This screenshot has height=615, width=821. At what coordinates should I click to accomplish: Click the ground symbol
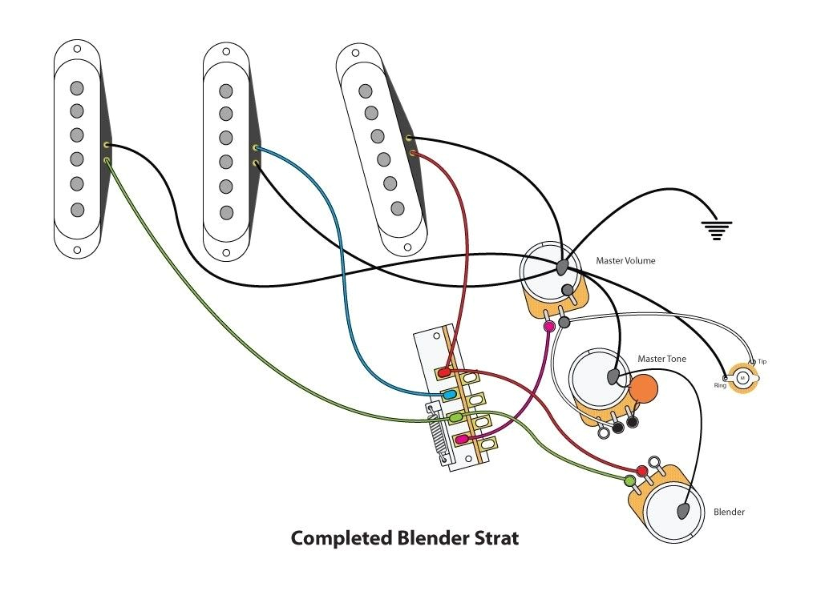(x=717, y=231)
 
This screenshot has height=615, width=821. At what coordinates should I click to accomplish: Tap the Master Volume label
(x=625, y=261)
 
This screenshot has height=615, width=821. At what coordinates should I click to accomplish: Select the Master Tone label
(x=661, y=359)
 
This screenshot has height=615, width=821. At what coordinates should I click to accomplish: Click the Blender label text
(x=729, y=512)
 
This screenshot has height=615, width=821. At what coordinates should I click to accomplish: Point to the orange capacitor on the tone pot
(x=644, y=389)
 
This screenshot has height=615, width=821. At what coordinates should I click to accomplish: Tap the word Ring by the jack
(x=721, y=385)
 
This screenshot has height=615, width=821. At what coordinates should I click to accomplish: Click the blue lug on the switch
(x=451, y=395)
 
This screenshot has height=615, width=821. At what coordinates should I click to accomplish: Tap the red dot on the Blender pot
(x=642, y=470)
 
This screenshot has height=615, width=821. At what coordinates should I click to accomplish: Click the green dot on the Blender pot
(x=630, y=480)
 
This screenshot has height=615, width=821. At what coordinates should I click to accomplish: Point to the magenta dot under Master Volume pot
(x=549, y=327)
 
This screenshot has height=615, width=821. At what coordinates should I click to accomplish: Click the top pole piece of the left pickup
(x=77, y=87)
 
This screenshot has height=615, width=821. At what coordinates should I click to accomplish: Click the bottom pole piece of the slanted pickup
(x=397, y=208)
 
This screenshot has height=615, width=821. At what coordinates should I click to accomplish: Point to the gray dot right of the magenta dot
(x=564, y=323)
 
